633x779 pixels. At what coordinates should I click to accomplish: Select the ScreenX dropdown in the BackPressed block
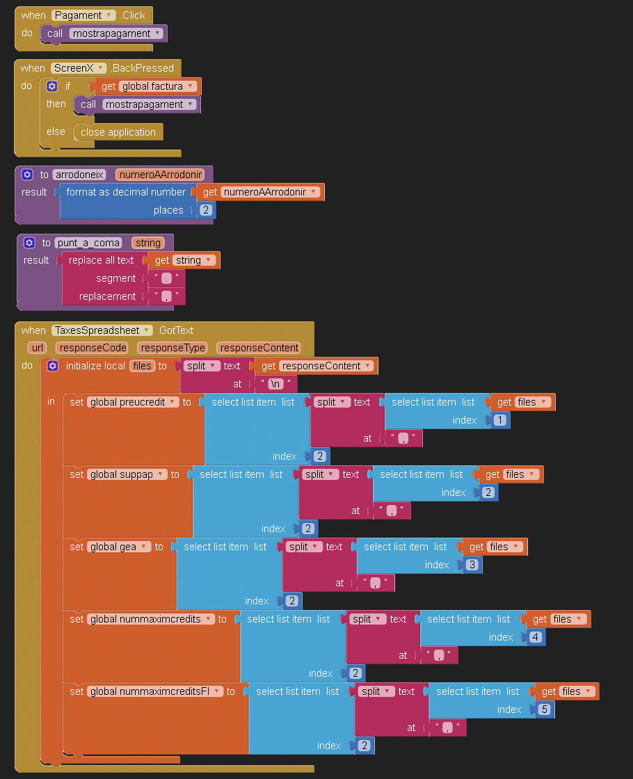[79, 68]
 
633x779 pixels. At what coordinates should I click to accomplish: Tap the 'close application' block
[118, 132]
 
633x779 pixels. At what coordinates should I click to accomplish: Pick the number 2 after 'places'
[206, 210]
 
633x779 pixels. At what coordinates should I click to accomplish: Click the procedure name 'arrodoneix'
[79, 175]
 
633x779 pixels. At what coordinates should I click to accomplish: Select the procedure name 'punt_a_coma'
[88, 243]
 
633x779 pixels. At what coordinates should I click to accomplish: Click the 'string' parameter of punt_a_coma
[148, 243]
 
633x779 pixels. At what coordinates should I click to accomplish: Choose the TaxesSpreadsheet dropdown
[102, 330]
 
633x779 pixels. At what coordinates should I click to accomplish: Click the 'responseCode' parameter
[92, 348]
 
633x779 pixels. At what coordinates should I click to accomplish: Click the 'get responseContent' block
[316, 366]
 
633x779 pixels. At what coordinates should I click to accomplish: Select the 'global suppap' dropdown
[127, 474]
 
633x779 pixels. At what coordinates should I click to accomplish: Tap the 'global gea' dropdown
[118, 547]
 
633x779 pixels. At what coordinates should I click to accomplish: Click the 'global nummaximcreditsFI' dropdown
[154, 691]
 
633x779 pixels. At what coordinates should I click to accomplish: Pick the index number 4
[534, 637]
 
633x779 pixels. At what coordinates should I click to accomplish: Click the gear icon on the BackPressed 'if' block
[51, 86]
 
